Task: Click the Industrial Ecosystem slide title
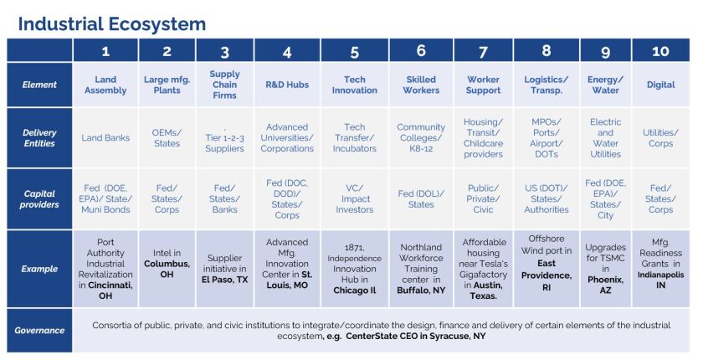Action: pyautogui.click(x=111, y=23)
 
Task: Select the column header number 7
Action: pyautogui.click(x=483, y=51)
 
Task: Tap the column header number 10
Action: pyautogui.click(x=660, y=51)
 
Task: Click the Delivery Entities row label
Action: pyautogui.click(x=39, y=138)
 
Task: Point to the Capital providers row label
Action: pyautogui.click(x=39, y=198)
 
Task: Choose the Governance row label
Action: pyautogui.click(x=39, y=330)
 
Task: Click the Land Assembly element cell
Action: pyautogui.click(x=105, y=85)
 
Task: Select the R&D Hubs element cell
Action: pyautogui.click(x=286, y=85)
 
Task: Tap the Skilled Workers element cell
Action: pyautogui.click(x=421, y=85)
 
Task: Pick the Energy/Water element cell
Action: pyautogui.click(x=605, y=85)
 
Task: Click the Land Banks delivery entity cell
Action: pyautogui.click(x=105, y=138)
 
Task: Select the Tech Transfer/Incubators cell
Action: pyautogui.click(x=355, y=138)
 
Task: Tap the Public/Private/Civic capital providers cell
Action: pyautogui.click(x=483, y=199)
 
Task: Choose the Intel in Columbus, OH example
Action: pyautogui.click(x=167, y=270)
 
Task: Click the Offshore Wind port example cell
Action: pyautogui.click(x=546, y=269)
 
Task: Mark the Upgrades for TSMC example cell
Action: pyautogui.click(x=605, y=270)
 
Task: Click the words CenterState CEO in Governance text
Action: pyautogui.click(x=392, y=336)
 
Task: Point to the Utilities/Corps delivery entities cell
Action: pyautogui.click(x=660, y=138)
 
